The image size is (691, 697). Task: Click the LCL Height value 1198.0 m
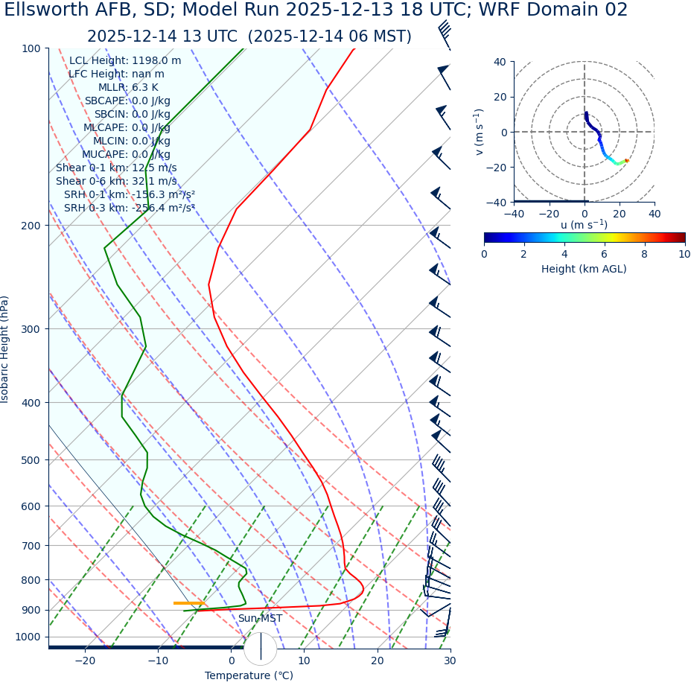tap(156, 61)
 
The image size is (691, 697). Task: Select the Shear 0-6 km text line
tap(116, 181)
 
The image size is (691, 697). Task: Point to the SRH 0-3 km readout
tap(130, 208)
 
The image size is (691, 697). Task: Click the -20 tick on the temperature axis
tap(85, 661)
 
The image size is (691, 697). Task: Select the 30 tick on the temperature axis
tap(450, 661)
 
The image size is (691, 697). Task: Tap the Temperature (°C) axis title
tap(249, 676)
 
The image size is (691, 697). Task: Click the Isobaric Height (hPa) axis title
tap(6, 349)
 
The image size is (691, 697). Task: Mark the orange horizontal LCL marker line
tap(188, 603)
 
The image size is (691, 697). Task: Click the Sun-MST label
tap(260, 619)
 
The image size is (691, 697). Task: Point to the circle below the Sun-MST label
tap(261, 648)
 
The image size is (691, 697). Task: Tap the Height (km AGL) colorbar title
tap(584, 269)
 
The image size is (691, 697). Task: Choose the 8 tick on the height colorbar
tap(644, 254)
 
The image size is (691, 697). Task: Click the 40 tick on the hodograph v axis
tap(500, 62)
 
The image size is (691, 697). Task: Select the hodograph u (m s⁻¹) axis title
tap(584, 225)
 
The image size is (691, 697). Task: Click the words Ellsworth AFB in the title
tap(70, 10)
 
